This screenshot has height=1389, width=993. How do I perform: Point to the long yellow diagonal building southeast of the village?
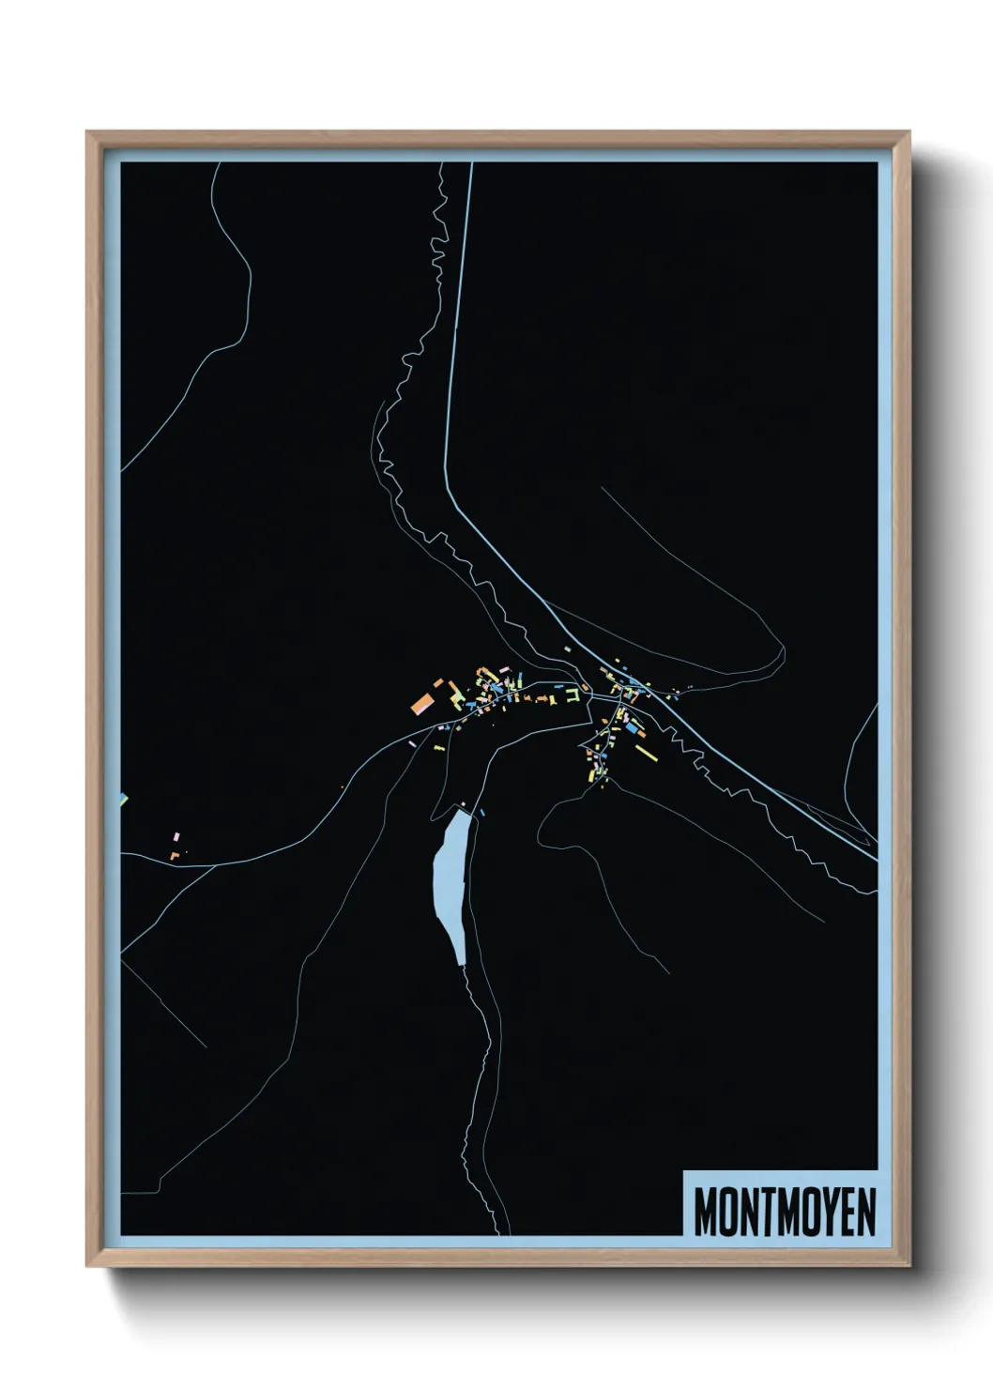646,751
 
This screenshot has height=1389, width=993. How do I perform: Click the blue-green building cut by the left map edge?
123,799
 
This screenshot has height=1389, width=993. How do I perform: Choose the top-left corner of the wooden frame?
89,134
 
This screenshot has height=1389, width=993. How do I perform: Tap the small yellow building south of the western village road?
438,748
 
